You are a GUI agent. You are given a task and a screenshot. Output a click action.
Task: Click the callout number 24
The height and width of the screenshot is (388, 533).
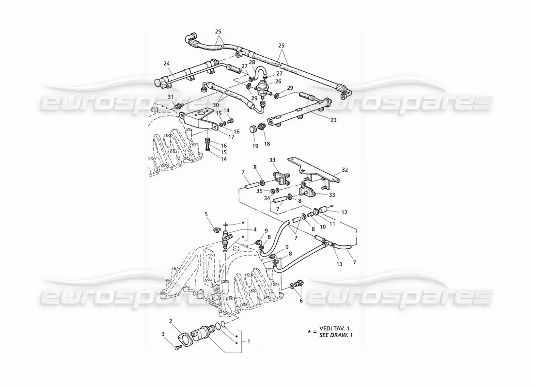click(x=166, y=64)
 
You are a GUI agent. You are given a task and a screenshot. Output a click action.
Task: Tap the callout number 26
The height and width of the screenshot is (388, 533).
click(x=279, y=81)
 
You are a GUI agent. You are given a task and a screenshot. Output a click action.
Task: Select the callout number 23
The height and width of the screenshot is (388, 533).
click(x=333, y=120)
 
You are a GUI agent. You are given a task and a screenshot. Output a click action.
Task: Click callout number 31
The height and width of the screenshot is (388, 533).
click(x=171, y=97)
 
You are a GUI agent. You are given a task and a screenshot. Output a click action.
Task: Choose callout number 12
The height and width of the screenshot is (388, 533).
click(x=345, y=212)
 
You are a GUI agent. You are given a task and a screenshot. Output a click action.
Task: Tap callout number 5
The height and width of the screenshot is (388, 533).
click(x=206, y=214)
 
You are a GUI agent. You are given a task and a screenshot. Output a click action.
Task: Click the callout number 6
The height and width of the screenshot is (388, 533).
click(x=301, y=301)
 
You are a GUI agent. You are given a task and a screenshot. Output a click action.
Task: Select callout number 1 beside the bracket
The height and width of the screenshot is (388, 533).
click(x=249, y=341)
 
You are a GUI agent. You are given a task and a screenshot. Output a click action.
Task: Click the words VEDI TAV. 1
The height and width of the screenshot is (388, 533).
click(x=334, y=328)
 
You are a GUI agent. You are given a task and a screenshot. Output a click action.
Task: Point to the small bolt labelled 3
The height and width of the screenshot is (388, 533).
click(x=178, y=347)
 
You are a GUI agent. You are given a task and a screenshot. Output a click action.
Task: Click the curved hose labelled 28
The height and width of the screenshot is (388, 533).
click(x=260, y=72)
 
